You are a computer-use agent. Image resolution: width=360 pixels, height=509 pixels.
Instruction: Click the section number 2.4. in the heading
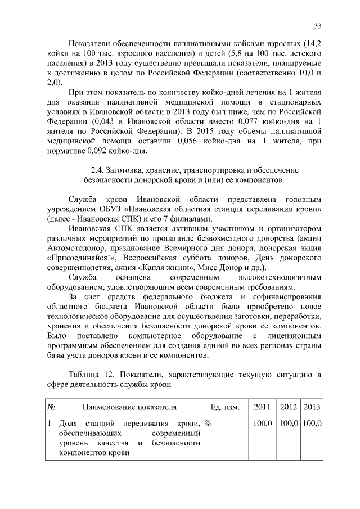(98, 169)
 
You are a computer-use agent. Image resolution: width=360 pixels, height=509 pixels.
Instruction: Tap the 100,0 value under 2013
(311, 422)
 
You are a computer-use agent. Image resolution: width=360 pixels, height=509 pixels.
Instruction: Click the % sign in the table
(208, 422)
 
